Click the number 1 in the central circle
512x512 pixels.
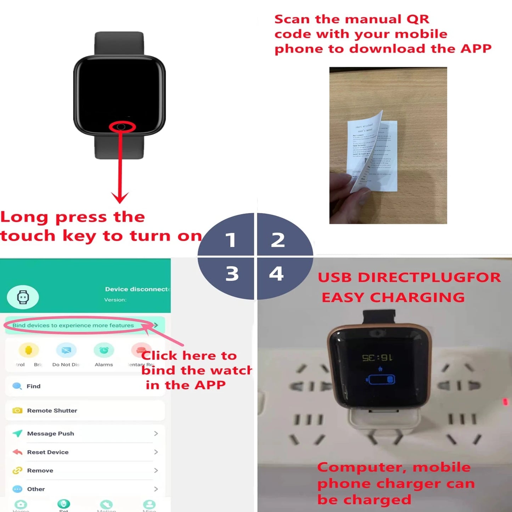(x=231, y=240)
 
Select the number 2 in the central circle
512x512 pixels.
(x=278, y=240)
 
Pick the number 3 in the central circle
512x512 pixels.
(x=232, y=274)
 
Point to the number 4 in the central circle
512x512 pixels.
(x=276, y=274)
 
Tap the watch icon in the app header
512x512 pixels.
(x=23, y=297)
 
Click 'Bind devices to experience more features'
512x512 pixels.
(x=73, y=325)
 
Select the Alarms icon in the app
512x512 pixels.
(x=104, y=350)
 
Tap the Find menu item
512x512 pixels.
(x=33, y=386)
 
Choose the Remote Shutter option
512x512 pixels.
(x=52, y=411)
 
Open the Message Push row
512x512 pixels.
(x=50, y=434)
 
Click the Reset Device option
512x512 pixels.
(x=47, y=452)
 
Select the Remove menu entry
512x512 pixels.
(x=40, y=471)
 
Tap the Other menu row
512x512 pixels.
(x=36, y=489)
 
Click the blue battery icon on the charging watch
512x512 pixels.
(x=380, y=379)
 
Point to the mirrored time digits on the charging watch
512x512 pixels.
(x=377, y=358)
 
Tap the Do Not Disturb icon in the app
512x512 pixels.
(x=66, y=350)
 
